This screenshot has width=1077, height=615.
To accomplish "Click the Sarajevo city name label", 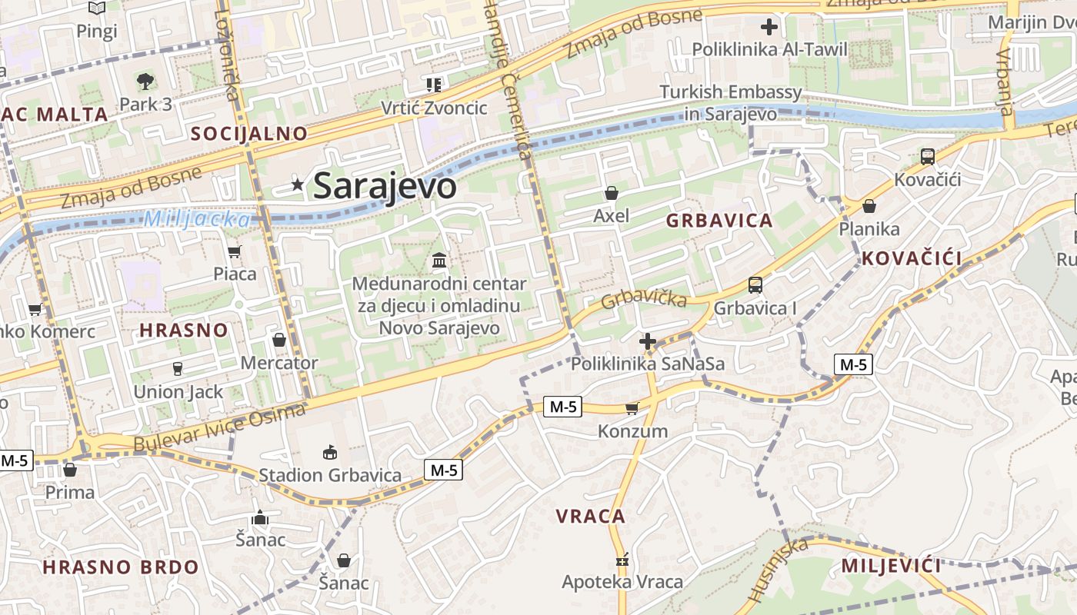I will pos(385,186).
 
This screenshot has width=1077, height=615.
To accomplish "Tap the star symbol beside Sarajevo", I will pos(298,184).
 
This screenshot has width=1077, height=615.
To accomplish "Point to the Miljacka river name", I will pos(196,219).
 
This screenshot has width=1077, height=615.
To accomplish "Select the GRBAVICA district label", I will pos(719,221).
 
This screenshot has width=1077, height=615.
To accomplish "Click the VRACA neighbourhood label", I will pos(591,517).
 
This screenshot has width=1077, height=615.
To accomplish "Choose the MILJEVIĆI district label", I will pos(891,567).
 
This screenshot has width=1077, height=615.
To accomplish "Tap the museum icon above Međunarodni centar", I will pos(439,261).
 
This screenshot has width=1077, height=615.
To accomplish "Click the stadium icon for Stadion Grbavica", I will pos(330,452).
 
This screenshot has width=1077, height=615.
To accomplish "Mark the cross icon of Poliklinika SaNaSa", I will pos(648,341).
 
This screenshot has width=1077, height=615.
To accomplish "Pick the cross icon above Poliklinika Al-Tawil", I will pos(769,28).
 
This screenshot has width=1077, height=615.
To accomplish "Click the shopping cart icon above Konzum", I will pos(632,408).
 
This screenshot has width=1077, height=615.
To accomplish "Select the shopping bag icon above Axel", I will pos(612,193).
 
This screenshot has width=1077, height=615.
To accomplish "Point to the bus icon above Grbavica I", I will pos(755,285).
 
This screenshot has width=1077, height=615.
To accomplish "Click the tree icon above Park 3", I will pos(145,81).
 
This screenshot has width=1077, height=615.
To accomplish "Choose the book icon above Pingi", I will pos(97,8).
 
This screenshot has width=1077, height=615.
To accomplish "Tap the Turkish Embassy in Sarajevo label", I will pos(731,103).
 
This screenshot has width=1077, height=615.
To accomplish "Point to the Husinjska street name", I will pos(777,570).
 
